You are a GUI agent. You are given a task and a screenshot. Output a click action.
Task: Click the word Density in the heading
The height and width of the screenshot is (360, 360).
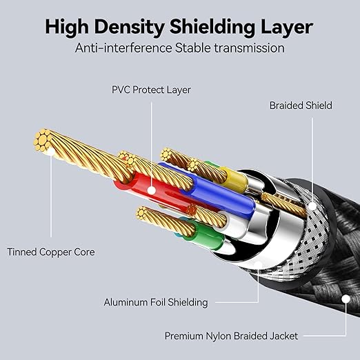129,28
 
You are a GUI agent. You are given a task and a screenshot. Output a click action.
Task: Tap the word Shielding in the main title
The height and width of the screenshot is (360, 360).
212,28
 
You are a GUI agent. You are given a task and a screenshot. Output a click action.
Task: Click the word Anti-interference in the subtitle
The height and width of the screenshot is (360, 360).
123,48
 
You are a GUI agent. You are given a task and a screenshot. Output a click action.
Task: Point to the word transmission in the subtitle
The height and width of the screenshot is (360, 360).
249,48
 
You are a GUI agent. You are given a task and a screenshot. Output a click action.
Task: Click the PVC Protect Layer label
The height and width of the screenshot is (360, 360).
151,90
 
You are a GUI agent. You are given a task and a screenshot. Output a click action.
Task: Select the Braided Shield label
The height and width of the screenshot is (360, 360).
301,106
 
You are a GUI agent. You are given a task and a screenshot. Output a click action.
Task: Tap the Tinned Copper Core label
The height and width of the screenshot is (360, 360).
51,252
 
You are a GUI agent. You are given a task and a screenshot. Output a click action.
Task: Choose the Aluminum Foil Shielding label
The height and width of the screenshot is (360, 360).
156,302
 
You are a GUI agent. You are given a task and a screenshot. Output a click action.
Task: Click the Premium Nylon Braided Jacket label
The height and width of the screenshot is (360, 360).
231,336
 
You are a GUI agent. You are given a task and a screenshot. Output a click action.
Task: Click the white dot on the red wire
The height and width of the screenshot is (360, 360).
151,190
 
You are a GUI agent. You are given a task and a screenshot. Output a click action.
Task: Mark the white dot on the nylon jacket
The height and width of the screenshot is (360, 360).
346,299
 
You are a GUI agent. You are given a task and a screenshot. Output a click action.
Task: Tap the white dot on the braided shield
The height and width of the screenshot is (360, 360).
312,206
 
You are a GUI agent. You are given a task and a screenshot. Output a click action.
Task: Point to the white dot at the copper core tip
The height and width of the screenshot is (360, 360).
51,152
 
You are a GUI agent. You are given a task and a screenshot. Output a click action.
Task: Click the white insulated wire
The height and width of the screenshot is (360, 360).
232,224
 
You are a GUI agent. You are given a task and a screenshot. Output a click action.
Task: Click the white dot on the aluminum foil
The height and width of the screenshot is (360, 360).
258,264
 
